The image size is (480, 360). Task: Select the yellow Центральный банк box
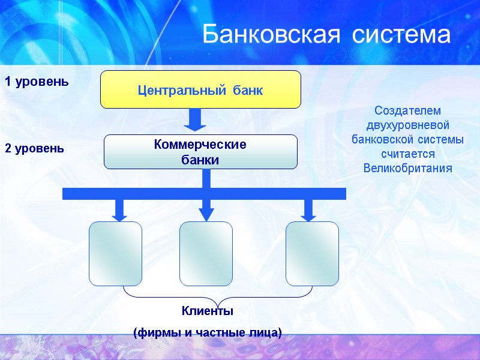200,89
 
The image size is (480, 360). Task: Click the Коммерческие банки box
200,152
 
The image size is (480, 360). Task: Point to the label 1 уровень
37,81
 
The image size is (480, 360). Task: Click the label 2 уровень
34,148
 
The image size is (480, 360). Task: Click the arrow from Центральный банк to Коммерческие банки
195,119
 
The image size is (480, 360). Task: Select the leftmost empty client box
116,253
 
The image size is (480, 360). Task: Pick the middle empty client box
206,253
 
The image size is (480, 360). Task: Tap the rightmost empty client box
312,253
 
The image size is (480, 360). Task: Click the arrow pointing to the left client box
119,209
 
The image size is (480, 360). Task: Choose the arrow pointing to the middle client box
206,209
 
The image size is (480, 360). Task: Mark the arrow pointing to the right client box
309,209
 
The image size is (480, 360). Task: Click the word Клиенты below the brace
207,311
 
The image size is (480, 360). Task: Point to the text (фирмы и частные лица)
207,332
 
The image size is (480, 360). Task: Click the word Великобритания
407,167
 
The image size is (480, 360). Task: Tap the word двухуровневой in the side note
407,125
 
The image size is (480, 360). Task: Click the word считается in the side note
407,154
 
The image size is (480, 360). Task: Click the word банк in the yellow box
248,90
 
